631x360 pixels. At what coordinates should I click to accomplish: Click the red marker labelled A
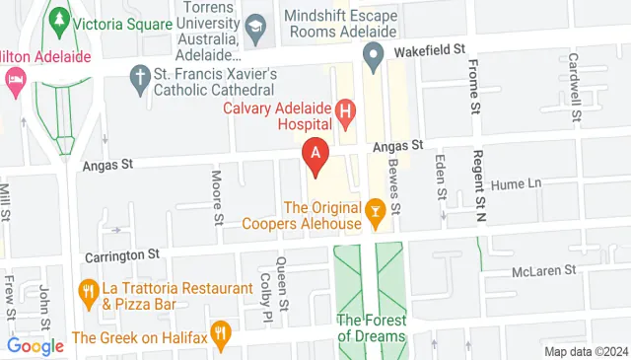(x=315, y=156)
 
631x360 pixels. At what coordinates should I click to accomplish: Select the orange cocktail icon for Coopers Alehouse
(x=375, y=209)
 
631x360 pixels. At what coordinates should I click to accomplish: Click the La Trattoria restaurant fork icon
(x=87, y=291)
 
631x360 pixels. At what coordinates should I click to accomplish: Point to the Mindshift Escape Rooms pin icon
(x=374, y=58)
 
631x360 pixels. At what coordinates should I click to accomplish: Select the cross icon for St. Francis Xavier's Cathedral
(x=141, y=76)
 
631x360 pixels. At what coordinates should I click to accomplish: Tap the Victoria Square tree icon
(x=60, y=19)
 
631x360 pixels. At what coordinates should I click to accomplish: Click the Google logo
(x=35, y=345)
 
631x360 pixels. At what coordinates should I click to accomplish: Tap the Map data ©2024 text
(x=586, y=351)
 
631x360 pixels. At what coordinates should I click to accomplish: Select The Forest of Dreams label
(x=371, y=327)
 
